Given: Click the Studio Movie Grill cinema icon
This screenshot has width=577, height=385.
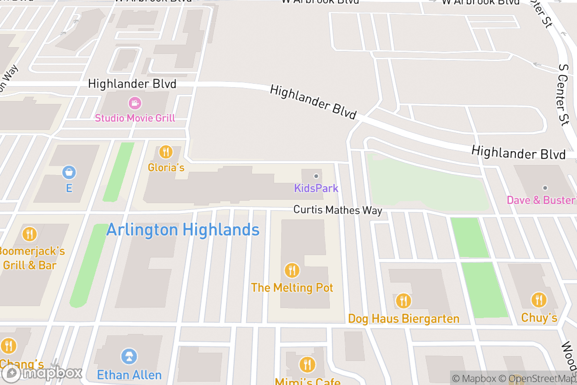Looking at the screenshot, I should point(135,103).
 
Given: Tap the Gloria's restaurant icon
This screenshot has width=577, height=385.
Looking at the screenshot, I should point(166,152).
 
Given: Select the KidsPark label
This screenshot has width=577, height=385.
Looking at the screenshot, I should point(316,188).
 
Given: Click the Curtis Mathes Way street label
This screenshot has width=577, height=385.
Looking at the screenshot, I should point(338,210).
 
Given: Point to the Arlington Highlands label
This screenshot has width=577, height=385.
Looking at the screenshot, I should point(183,230).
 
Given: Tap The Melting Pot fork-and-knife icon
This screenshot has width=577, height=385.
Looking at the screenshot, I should point(292,270).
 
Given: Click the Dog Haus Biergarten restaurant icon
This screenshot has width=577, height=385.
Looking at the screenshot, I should point(403,301).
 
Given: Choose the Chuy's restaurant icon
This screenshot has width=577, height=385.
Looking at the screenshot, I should point(539,300).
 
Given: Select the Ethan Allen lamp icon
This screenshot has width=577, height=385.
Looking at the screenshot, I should point(129,357).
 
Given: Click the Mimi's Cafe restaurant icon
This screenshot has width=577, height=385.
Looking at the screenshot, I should point(307,364).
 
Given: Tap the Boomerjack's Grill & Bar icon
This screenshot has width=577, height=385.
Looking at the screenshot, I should point(29,234).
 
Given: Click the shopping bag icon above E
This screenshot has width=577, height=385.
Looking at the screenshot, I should point(69,171).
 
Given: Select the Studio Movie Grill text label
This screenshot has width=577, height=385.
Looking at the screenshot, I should point(135,118).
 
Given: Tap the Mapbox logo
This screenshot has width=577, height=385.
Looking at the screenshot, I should point(42,373).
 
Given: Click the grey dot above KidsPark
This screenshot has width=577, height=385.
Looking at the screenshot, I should point(316,176).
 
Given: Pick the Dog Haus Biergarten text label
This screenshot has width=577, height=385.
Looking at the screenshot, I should point(403,319).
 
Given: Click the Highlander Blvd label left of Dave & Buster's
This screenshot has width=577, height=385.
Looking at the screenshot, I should point(518,153).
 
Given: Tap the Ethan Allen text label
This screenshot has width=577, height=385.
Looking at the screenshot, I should point(129,374).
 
